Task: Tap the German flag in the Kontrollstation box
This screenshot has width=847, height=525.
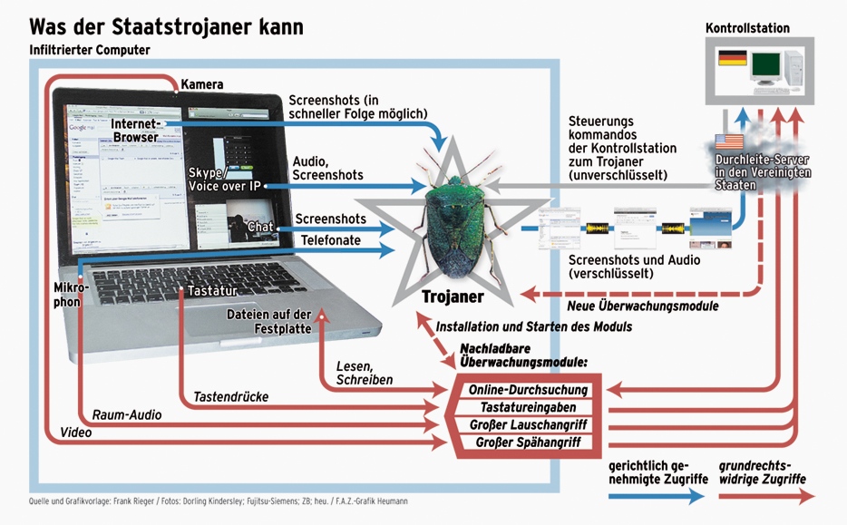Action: [731, 61]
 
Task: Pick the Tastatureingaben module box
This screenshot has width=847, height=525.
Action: [529, 407]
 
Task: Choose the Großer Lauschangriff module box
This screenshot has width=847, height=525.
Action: [530, 424]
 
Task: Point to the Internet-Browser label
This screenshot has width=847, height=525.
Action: [135, 130]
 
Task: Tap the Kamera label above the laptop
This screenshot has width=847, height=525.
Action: [201, 84]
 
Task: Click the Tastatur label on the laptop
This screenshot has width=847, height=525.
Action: [212, 291]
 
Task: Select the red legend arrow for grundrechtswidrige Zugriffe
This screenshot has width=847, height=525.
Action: [765, 496]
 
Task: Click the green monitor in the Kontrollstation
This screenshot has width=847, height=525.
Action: [766, 65]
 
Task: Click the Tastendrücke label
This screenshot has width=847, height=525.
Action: [230, 396]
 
